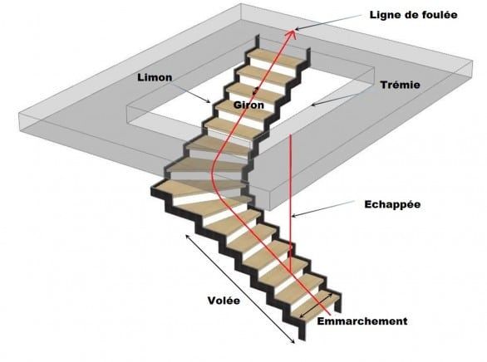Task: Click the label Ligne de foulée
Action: (x=413, y=15)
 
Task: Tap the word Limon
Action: (x=155, y=77)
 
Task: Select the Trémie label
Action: (x=401, y=85)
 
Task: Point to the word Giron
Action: (x=248, y=105)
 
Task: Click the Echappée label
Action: (x=392, y=204)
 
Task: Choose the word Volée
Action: (x=224, y=301)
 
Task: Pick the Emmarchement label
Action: (x=362, y=321)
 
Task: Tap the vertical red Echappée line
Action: (x=290, y=203)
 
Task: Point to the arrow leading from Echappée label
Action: (x=323, y=208)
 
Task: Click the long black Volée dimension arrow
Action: (x=240, y=289)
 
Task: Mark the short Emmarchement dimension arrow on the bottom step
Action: (x=317, y=305)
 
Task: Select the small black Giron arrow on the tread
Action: (x=257, y=90)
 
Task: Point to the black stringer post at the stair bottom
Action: (x=302, y=330)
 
